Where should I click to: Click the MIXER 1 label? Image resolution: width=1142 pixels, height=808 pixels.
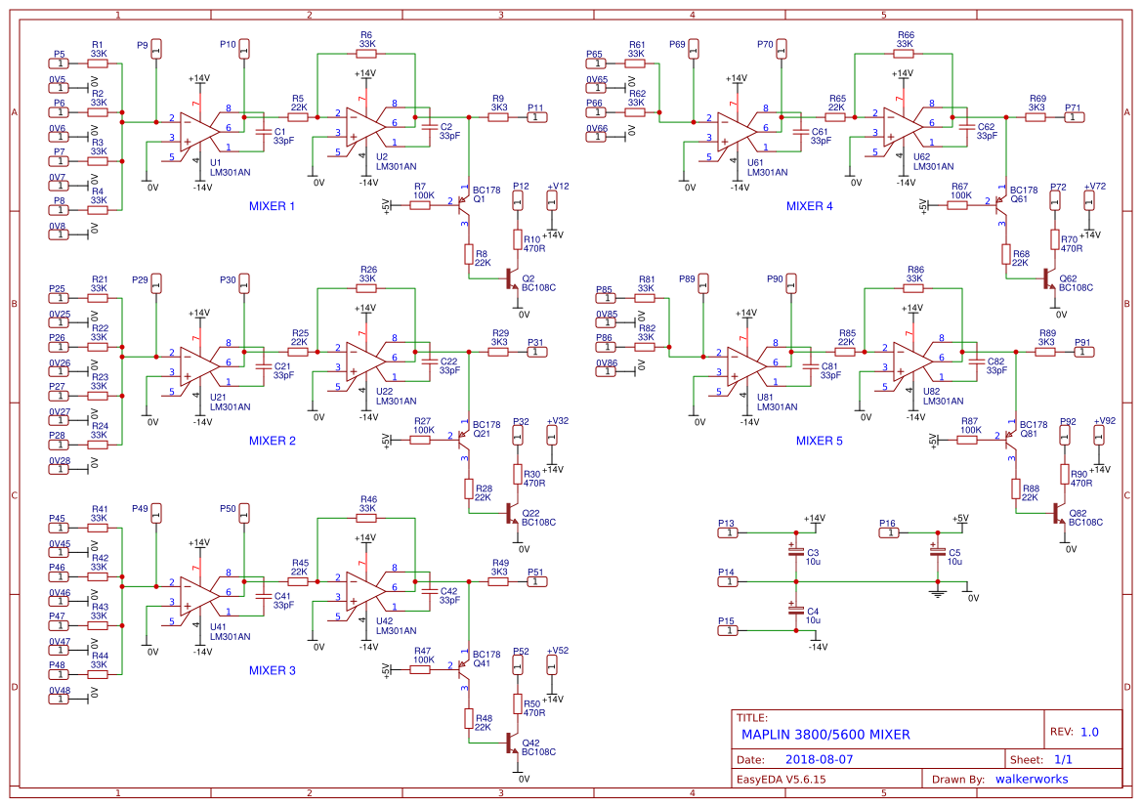click(272, 206)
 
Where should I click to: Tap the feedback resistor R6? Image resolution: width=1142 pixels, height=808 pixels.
click(366, 54)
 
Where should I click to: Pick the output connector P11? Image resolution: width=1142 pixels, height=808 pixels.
click(537, 117)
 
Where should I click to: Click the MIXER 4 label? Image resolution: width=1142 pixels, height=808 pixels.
click(809, 206)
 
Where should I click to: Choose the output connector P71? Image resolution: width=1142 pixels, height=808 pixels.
click(1075, 117)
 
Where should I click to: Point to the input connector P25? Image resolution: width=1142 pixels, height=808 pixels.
click(59, 298)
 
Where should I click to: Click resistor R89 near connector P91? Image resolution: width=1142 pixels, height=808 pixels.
click(1045, 352)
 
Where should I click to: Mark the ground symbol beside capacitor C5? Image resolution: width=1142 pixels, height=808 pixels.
click(938, 591)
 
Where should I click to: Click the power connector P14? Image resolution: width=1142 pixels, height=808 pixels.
click(728, 581)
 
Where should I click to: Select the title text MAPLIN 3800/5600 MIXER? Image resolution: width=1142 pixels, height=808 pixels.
click(825, 735)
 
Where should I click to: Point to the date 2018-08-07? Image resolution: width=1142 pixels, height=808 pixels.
click(820, 758)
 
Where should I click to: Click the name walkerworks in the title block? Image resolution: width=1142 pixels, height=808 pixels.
click(1031, 779)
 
